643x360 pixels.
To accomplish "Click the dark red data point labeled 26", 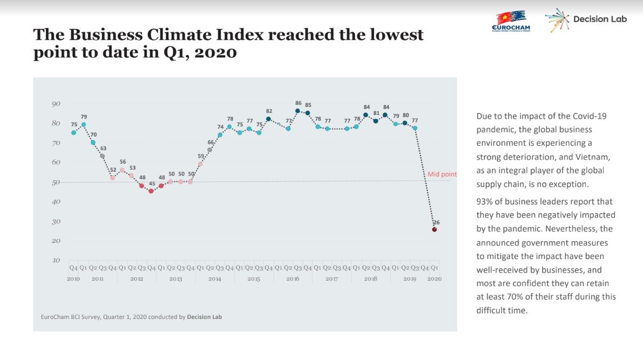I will pyautogui.click(x=434, y=229).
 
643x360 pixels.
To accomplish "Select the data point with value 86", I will pyautogui.click(x=297, y=111).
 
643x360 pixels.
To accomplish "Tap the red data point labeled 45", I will pyautogui.click(x=151, y=191).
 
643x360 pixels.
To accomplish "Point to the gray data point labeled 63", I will pyautogui.click(x=102, y=156).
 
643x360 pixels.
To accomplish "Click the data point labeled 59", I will pyautogui.click(x=200, y=164).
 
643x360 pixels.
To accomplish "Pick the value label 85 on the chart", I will pyautogui.click(x=308, y=105).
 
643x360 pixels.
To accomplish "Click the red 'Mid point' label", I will pyautogui.click(x=442, y=174).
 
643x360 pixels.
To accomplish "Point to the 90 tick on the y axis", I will pyautogui.click(x=56, y=104).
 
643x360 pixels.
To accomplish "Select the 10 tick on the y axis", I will pyautogui.click(x=56, y=260).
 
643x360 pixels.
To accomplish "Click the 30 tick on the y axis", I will pyautogui.click(x=56, y=221).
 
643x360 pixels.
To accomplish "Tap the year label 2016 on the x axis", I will pyautogui.click(x=293, y=279).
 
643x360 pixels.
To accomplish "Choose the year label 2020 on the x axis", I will pyautogui.click(x=434, y=279).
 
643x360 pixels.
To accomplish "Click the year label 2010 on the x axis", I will pyautogui.click(x=73, y=279).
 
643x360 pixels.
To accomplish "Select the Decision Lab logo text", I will pyautogui.click(x=600, y=19).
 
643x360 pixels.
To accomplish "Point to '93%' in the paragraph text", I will pyautogui.click(x=485, y=202).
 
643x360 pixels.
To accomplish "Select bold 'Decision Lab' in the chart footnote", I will pyautogui.click(x=204, y=317).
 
